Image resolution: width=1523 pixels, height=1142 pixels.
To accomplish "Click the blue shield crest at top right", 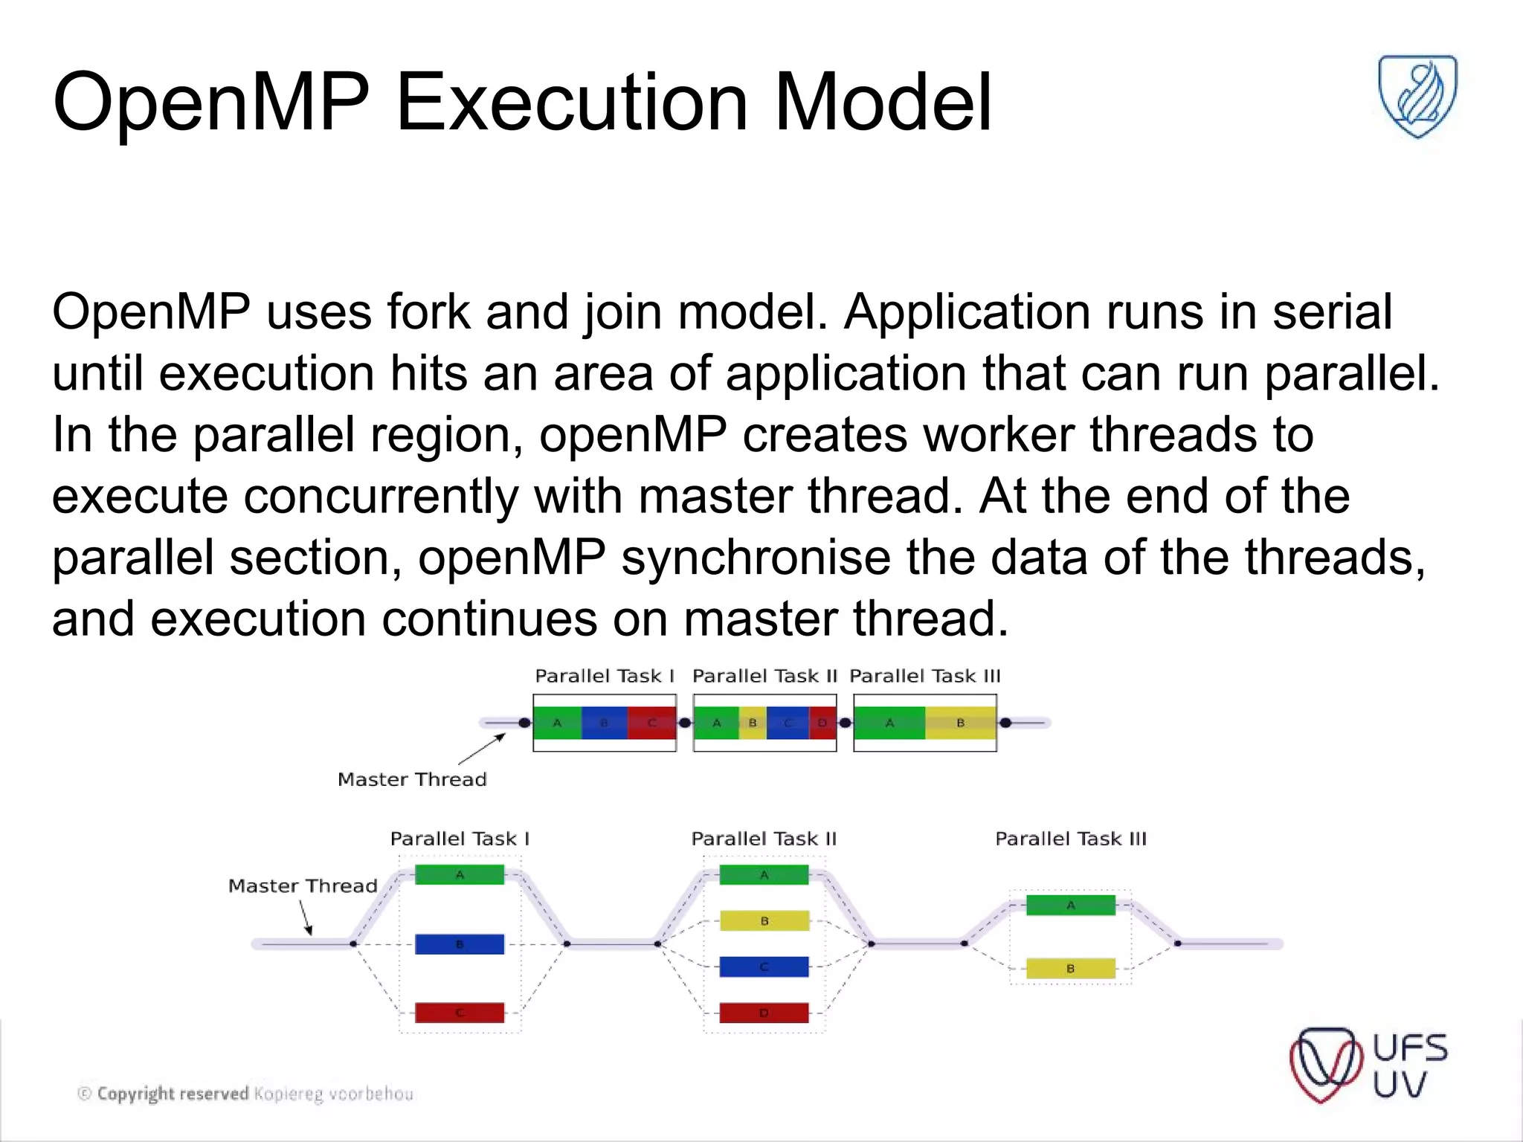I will point(1417,95).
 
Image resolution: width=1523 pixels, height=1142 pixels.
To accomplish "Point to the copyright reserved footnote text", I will point(245,1094).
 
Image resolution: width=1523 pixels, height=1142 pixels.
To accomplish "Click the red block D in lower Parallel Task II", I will point(764,1013).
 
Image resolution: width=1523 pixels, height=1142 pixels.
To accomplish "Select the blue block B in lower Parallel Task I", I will point(459,944).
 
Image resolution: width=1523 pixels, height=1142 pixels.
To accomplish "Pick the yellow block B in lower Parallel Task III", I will point(1070,969).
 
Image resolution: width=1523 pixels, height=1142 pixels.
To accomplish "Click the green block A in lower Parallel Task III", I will point(1070,905).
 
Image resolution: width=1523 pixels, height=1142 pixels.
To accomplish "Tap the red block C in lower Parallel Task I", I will point(459,1013).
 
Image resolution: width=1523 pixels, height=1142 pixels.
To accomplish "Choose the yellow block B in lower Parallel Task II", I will point(764,921).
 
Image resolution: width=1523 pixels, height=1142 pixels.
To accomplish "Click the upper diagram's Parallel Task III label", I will point(924,676).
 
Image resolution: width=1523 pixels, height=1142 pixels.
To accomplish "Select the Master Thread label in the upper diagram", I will point(412,779).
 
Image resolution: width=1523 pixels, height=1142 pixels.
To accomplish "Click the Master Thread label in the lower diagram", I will point(303,885).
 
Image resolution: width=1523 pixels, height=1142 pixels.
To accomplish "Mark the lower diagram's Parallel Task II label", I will point(764,839).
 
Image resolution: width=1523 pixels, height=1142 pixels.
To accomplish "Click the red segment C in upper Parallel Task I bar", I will point(651,723).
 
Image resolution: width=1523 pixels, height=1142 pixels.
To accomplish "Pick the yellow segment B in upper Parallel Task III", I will point(960,723).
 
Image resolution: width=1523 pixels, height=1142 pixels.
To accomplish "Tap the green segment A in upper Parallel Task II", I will point(716,723).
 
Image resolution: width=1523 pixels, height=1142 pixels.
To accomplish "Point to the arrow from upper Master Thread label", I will point(482,749).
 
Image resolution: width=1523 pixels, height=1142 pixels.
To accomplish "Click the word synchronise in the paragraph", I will point(756,558).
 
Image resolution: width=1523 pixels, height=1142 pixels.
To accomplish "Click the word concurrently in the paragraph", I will point(381,496).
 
